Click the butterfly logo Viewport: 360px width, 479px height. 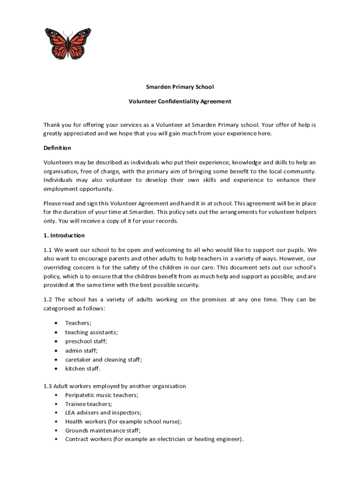click(x=68, y=44)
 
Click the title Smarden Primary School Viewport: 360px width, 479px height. click(x=180, y=87)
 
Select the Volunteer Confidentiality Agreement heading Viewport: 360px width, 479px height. click(x=180, y=101)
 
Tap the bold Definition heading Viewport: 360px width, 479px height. click(x=57, y=148)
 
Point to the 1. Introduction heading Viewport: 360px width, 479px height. click(x=64, y=235)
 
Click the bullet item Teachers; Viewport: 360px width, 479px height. click(x=78, y=323)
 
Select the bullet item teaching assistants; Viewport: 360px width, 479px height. click(x=91, y=332)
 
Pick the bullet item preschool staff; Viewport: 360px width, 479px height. click(x=86, y=341)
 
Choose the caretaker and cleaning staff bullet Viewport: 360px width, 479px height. click(x=103, y=360)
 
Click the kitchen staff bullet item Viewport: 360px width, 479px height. click(x=83, y=369)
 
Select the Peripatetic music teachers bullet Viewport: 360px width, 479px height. click(x=101, y=395)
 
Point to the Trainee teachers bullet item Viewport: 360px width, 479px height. click(x=88, y=404)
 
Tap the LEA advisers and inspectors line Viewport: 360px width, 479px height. click(x=103, y=413)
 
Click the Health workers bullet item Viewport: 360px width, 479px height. click(x=123, y=421)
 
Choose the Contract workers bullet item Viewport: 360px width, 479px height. click(x=154, y=439)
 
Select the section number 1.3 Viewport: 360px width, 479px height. click(x=48, y=386)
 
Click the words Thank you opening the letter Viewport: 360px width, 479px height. click(x=56, y=125)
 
